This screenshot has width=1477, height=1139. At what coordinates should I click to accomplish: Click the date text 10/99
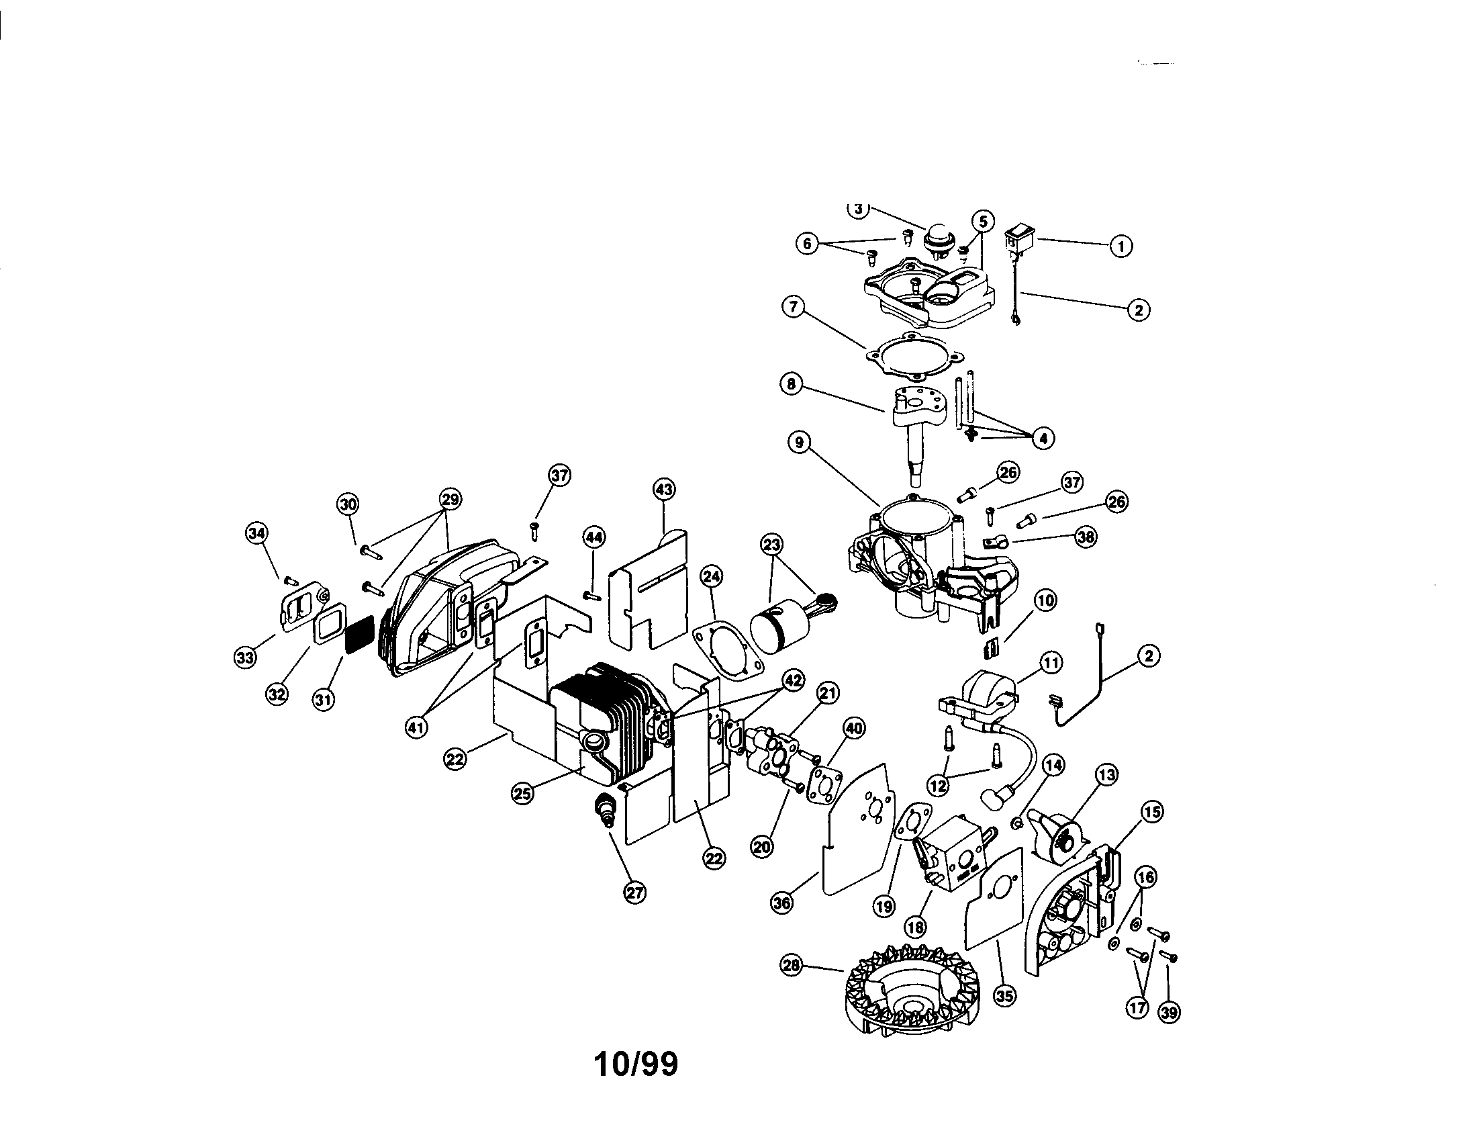[636, 1064]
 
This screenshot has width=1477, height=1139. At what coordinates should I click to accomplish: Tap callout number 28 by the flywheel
[792, 966]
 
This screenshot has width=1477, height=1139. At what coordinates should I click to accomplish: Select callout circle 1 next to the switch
[1121, 246]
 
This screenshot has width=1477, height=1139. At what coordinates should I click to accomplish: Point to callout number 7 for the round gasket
[793, 306]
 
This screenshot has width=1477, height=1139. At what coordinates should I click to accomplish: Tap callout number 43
[664, 489]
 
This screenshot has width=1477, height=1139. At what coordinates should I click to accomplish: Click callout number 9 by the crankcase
[800, 443]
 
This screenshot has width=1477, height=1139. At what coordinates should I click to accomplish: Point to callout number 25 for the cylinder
[522, 794]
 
